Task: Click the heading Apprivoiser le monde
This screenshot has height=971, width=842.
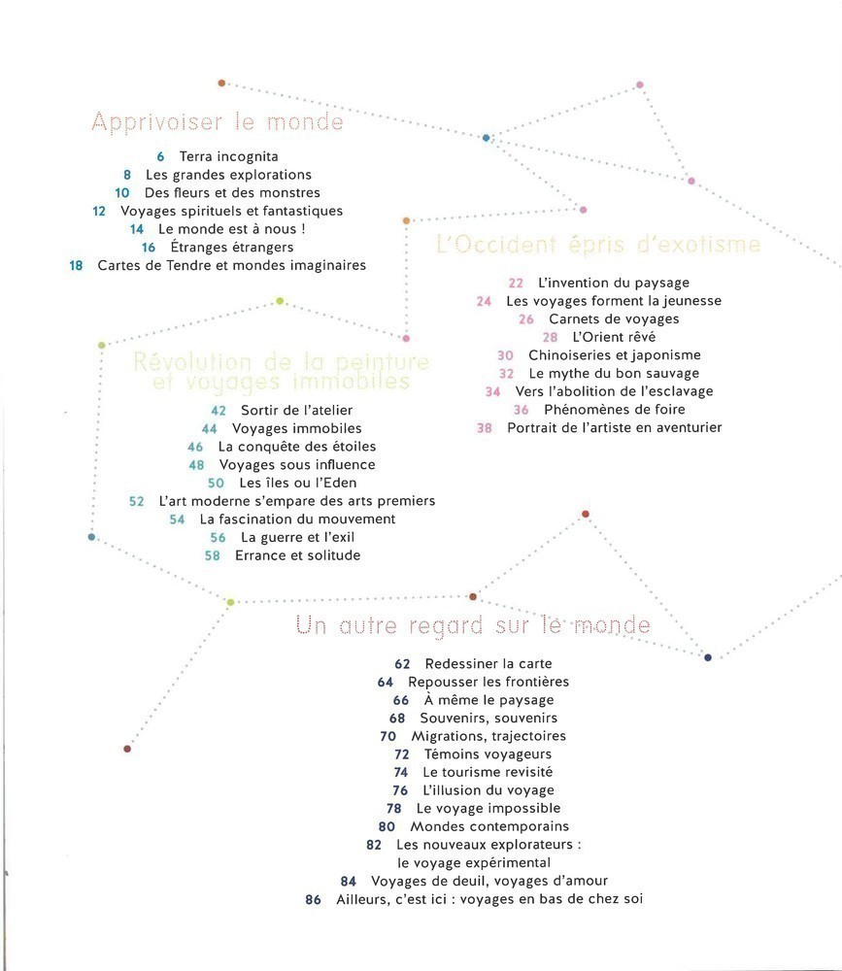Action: (x=218, y=122)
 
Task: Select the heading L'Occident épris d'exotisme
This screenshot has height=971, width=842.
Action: (x=598, y=245)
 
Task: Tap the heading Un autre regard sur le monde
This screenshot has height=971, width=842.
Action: (x=473, y=625)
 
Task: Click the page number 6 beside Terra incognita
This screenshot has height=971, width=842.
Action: (x=160, y=156)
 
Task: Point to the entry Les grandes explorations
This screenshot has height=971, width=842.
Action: (x=228, y=175)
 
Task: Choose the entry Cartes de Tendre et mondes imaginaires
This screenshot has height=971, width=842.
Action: (x=231, y=265)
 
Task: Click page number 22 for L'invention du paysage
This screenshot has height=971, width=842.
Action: (x=516, y=283)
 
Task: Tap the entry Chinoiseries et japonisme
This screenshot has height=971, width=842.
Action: (x=614, y=355)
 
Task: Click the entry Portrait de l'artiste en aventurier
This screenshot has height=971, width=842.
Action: (x=615, y=427)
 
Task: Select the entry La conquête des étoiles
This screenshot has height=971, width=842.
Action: (x=296, y=447)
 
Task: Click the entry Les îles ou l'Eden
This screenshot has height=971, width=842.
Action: (x=298, y=483)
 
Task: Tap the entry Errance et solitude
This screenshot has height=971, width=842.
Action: (x=297, y=555)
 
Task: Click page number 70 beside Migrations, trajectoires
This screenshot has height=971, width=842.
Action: (x=388, y=736)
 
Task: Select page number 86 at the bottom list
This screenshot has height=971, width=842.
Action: (x=313, y=899)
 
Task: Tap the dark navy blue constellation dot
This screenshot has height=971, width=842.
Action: (x=707, y=657)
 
